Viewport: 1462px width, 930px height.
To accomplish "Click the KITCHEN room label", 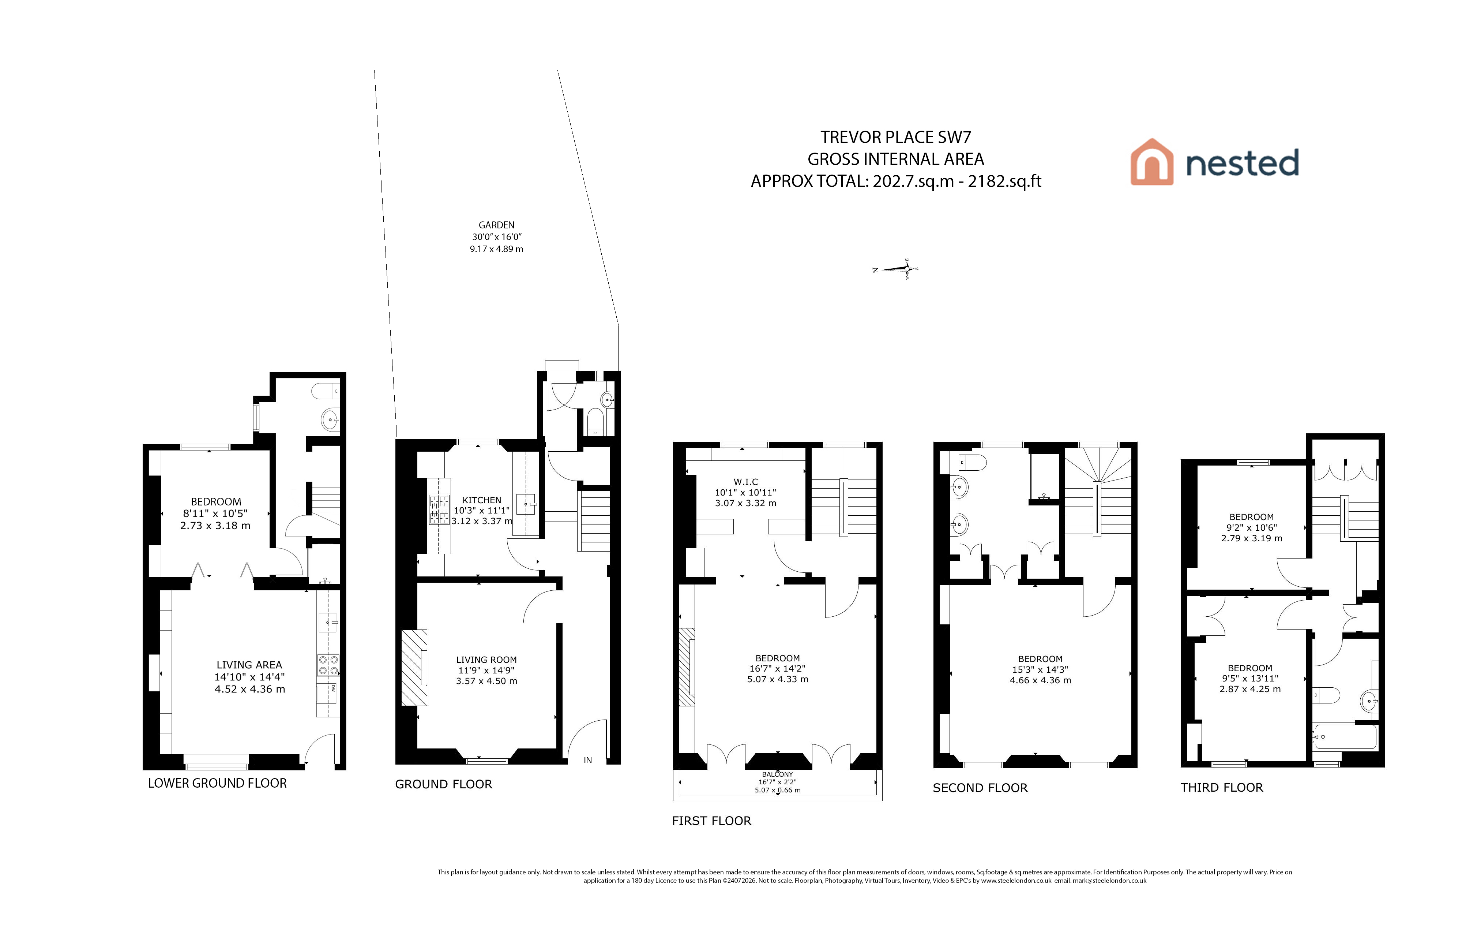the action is coord(481,500).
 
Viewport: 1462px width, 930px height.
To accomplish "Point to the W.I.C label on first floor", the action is coord(745,482).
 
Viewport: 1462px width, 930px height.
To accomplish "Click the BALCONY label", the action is coord(777,774).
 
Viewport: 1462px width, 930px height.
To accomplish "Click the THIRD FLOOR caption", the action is coord(1222,788).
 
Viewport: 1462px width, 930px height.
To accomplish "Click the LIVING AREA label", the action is coord(249,665).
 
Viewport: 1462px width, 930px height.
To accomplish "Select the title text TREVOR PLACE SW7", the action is coord(895,137).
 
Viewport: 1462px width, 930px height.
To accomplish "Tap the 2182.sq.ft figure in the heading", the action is coord(1005,181).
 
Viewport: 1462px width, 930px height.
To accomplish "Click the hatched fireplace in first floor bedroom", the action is coord(686,667).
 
